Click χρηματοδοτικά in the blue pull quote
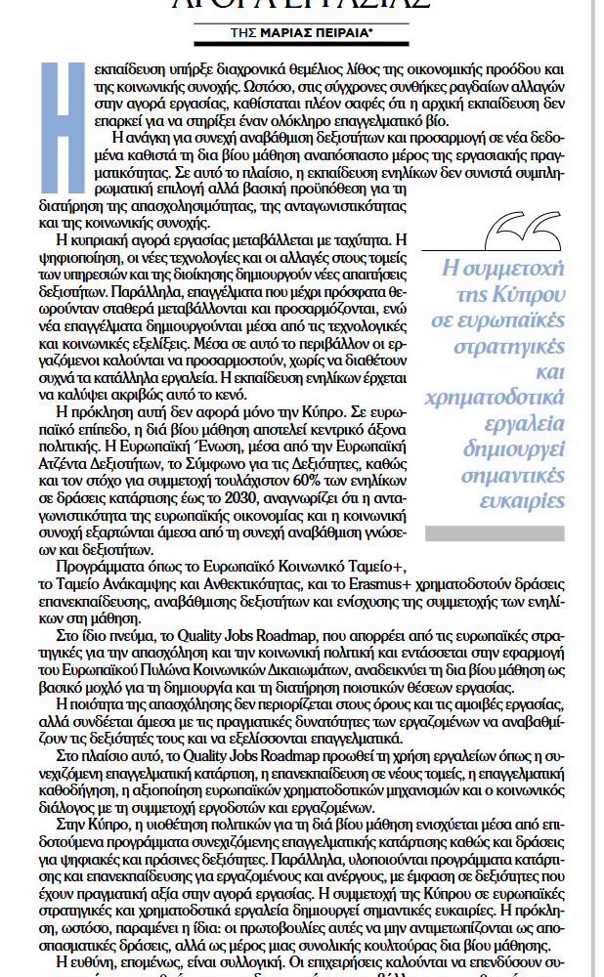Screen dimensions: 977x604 point(499,399)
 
